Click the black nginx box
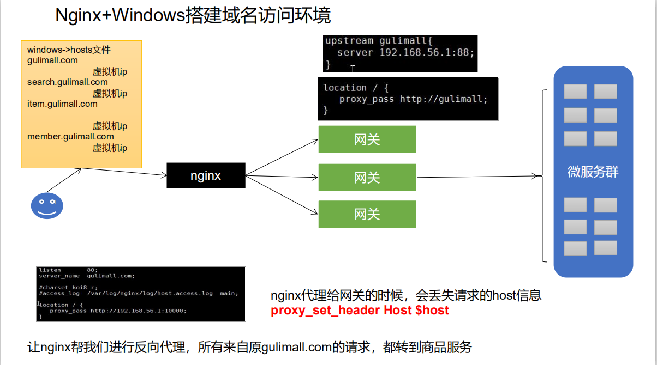click(x=206, y=175)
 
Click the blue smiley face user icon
click(x=47, y=206)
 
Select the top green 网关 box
click(x=367, y=139)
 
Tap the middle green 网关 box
click(x=367, y=177)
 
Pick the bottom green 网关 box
click(x=367, y=214)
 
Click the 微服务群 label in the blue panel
click(x=593, y=173)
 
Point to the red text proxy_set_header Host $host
click(x=360, y=311)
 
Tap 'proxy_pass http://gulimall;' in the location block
click(x=413, y=99)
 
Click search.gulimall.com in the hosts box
click(x=68, y=82)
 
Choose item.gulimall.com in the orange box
click(x=62, y=104)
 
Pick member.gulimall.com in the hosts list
click(x=70, y=137)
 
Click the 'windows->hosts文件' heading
click(x=69, y=50)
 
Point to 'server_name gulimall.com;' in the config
click(x=87, y=276)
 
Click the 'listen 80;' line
click(x=68, y=270)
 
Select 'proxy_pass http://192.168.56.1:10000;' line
click(x=118, y=311)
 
